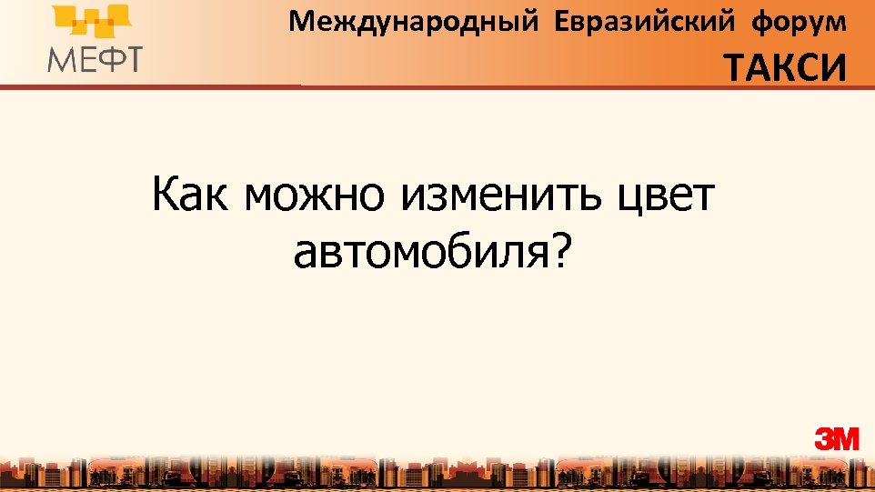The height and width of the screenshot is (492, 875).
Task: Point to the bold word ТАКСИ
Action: tap(785, 67)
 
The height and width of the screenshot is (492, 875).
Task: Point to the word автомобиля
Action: tap(419, 252)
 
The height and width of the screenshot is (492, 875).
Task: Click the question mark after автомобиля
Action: tap(558, 250)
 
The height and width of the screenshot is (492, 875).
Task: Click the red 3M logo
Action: tap(837, 439)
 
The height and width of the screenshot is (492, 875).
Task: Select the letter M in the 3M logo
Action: tap(846, 439)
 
